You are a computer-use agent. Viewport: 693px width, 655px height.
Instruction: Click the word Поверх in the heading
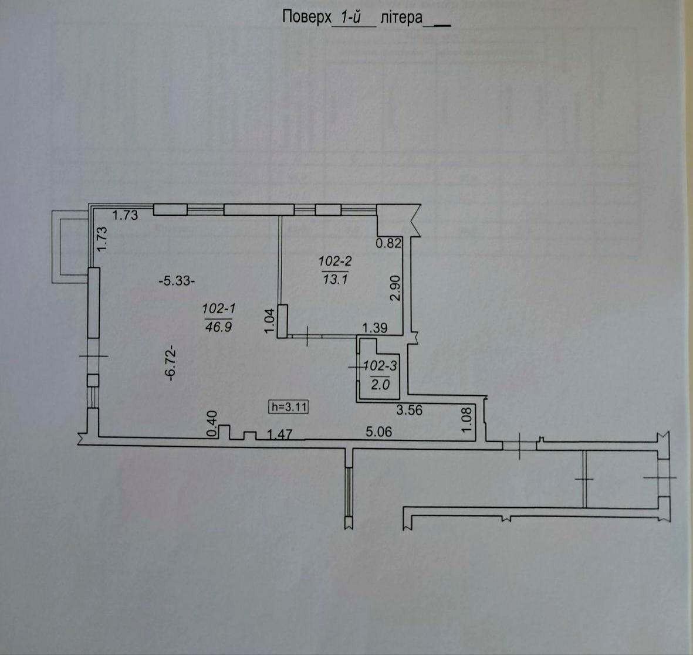coord(307,18)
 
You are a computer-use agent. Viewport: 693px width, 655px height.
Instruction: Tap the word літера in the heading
coord(401,18)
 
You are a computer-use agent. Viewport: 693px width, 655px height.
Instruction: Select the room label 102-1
coord(218,308)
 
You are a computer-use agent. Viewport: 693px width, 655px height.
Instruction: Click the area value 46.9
coord(218,327)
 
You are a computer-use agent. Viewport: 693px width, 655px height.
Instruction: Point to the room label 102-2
coord(335,262)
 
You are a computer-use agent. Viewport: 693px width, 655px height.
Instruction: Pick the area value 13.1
coord(335,280)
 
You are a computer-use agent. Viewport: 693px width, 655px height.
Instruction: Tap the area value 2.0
coord(380,385)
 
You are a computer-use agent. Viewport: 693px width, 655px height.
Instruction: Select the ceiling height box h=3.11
coord(289,407)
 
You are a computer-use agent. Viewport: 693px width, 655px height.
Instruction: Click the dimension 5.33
coord(177,281)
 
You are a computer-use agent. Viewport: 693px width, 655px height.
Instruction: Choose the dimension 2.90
coord(395,288)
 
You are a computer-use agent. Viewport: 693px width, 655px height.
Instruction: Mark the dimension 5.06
coord(378,432)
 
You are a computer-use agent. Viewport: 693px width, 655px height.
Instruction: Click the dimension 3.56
coord(409,410)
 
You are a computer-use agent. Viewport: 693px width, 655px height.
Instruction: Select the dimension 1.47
coord(280,435)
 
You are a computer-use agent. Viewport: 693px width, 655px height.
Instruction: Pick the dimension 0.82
coord(388,243)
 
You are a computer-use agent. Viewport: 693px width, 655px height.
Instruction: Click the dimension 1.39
coord(375,328)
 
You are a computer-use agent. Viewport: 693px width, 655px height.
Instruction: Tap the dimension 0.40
coord(212,424)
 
